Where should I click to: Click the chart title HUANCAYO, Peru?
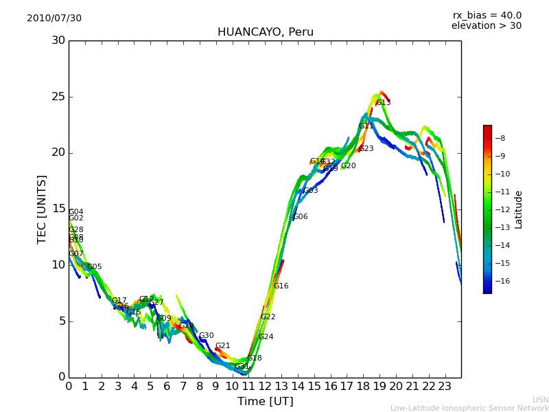[265, 32]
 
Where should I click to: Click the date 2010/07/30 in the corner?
[54, 19]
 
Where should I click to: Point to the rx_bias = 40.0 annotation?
[487, 15]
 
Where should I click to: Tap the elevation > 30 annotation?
[486, 26]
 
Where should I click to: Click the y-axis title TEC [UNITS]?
[43, 209]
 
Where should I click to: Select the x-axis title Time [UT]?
[265, 402]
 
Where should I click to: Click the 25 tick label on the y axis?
[58, 97]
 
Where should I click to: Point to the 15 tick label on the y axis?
[58, 209]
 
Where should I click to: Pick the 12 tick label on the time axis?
[265, 387]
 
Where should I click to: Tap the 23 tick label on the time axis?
[445, 387]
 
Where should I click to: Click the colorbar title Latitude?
[519, 209]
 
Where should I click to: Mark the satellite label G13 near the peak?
[383, 103]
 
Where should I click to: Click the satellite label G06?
[301, 217]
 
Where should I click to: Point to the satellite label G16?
[281, 286]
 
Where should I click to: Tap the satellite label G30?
[207, 336]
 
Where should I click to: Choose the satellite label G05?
[95, 267]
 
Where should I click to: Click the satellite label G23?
[366, 149]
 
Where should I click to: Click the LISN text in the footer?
[541, 400]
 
